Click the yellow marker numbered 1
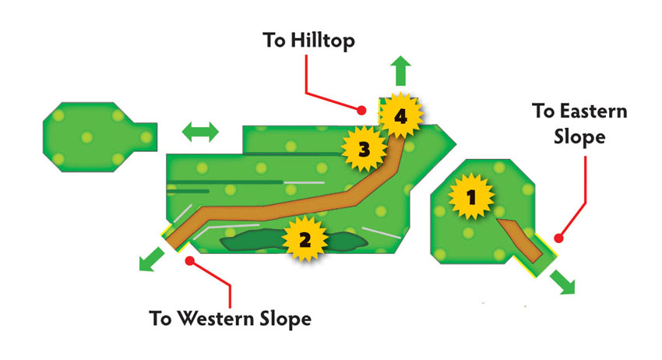[x=470, y=197]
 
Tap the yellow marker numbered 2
[x=305, y=239]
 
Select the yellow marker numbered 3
[x=364, y=149]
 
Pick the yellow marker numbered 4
[x=400, y=115]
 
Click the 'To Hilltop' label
[x=308, y=41]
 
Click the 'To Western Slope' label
[x=230, y=319]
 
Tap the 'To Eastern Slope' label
[x=579, y=124]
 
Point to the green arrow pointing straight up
[x=400, y=71]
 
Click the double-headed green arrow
[x=200, y=132]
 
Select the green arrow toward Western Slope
[x=151, y=259]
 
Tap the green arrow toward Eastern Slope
[x=563, y=282]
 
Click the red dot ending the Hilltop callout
[x=361, y=111]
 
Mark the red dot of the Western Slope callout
[x=190, y=261]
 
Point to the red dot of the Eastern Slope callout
[x=558, y=238]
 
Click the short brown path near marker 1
[x=520, y=239]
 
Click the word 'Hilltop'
[x=322, y=41]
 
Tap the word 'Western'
[x=215, y=318]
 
